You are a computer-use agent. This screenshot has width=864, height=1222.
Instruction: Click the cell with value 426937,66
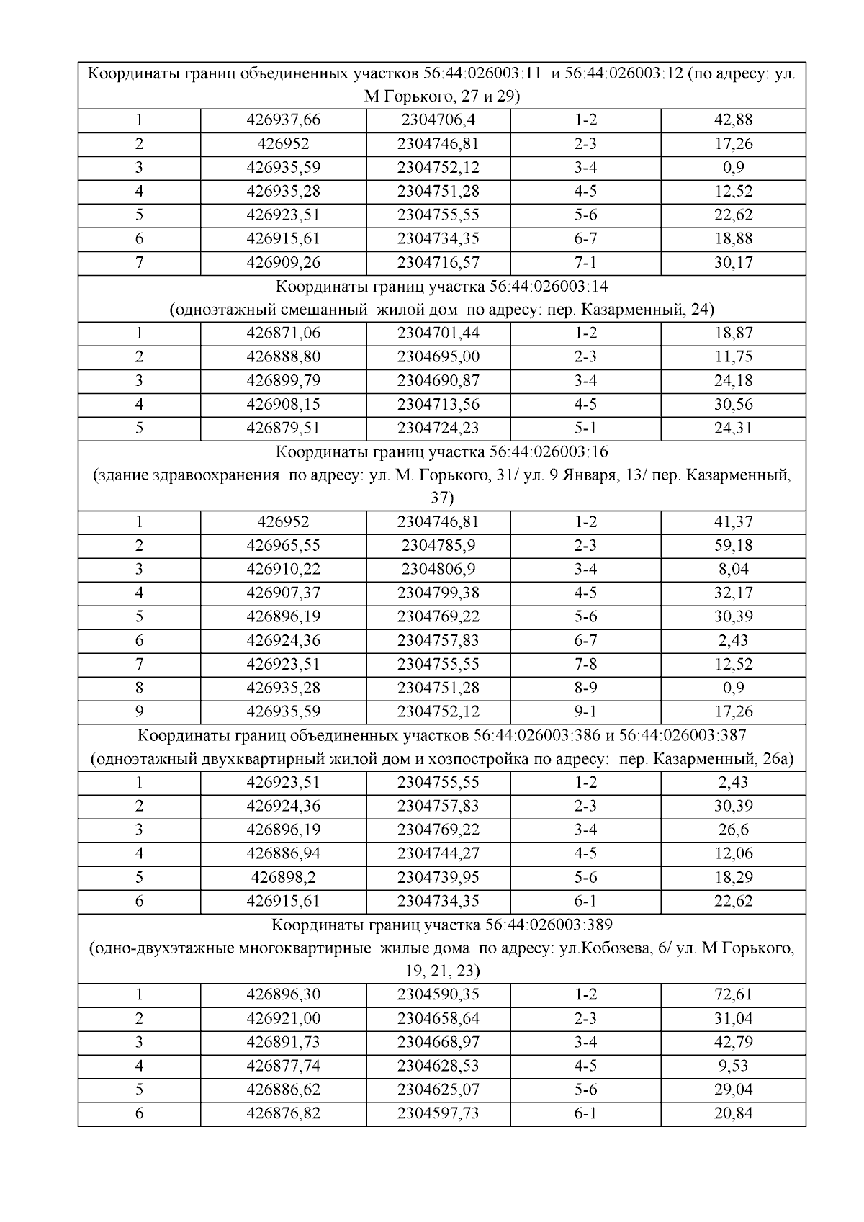(x=283, y=120)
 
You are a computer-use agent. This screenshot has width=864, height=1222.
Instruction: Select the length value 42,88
(x=733, y=120)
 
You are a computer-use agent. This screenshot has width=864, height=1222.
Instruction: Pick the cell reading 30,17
(x=733, y=263)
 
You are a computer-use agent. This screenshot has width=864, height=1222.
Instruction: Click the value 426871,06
(x=283, y=333)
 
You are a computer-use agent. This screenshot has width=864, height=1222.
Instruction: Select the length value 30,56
(x=733, y=405)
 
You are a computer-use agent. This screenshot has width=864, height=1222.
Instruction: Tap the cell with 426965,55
(x=283, y=546)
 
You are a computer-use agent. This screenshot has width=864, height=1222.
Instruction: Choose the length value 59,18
(x=733, y=546)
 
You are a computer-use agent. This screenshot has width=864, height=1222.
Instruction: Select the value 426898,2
(x=283, y=878)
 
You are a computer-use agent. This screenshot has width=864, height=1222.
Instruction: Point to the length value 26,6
(x=733, y=830)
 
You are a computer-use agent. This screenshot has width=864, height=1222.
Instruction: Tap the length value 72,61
(x=733, y=995)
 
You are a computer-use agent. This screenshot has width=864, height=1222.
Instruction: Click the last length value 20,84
(x=733, y=1114)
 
